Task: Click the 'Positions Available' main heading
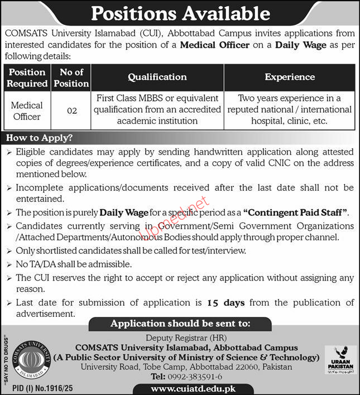pyautogui.click(x=180, y=13)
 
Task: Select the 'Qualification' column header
pyautogui.click(x=157, y=77)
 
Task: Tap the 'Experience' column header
pyautogui.click(x=289, y=77)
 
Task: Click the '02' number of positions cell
pyautogui.click(x=71, y=110)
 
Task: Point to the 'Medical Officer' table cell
pyautogui.click(x=27, y=110)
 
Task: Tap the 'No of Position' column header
pyautogui.click(x=71, y=78)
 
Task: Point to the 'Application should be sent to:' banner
pyautogui.click(x=180, y=324)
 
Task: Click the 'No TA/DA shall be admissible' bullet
pyautogui.click(x=74, y=264)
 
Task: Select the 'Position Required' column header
pyautogui.click(x=27, y=78)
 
